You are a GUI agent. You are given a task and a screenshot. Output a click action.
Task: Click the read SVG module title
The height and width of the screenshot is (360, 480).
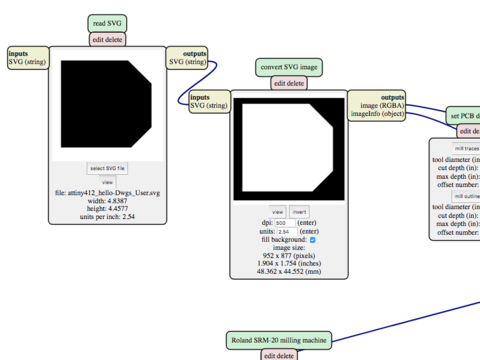109,22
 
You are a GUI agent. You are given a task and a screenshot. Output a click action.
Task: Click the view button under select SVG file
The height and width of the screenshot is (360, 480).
107,182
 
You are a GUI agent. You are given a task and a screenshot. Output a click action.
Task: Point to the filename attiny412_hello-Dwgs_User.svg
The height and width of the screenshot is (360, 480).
107,191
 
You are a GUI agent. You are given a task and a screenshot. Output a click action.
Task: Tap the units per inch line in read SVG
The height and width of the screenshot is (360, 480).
107,215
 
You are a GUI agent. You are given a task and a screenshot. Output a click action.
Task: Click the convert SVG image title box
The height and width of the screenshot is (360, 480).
289,67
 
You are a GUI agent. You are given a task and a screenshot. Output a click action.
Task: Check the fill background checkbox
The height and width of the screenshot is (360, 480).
313,240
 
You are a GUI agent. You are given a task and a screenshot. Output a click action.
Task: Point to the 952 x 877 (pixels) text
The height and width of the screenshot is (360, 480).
289,256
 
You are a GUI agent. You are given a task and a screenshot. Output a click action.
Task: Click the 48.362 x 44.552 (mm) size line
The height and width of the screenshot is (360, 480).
289,272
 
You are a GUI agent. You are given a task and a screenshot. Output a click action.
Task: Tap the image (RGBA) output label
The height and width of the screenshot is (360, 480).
376,105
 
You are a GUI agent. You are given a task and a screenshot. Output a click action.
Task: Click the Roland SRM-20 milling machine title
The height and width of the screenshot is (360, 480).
281,339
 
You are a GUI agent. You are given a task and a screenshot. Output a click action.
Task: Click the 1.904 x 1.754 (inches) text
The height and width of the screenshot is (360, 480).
289,264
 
